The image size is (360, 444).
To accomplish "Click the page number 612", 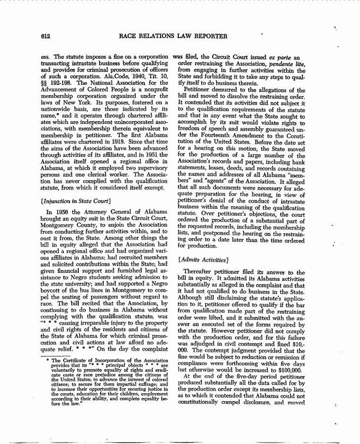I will tap(46, 36).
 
